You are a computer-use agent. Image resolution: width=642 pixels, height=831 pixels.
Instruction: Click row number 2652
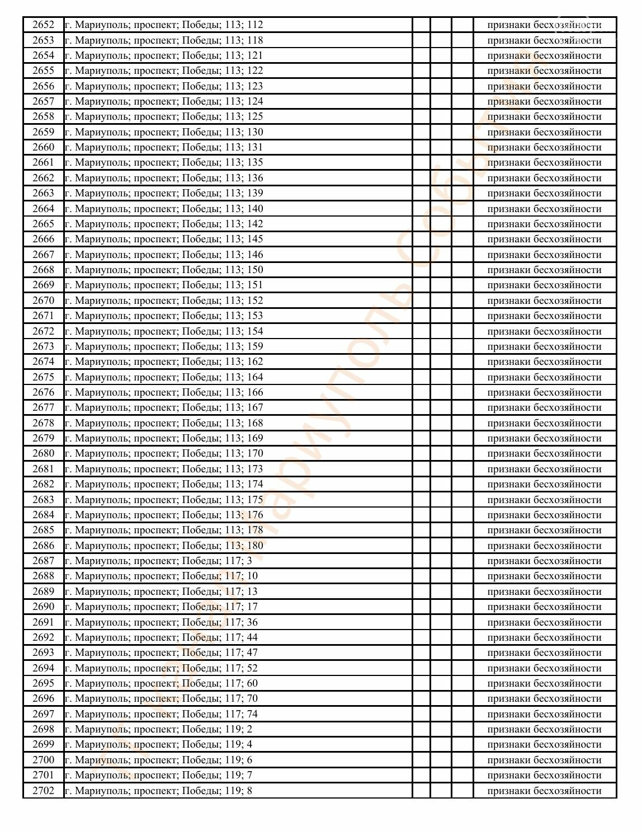tap(43, 25)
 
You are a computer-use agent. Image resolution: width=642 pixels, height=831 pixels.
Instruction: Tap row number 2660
tap(43, 147)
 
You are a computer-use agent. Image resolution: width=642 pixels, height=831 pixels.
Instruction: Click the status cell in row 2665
tap(544, 224)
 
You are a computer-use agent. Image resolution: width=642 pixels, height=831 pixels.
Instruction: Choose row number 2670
tap(43, 301)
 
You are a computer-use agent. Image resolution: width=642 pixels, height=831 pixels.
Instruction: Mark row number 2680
tap(43, 453)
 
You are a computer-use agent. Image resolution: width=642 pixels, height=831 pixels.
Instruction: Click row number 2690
tap(43, 607)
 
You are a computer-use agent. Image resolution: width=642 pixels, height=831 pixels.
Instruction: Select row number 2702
tap(43, 791)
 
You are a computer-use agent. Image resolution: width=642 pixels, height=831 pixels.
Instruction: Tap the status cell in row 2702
tap(544, 791)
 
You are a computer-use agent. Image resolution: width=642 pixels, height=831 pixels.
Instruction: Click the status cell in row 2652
tap(544, 25)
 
